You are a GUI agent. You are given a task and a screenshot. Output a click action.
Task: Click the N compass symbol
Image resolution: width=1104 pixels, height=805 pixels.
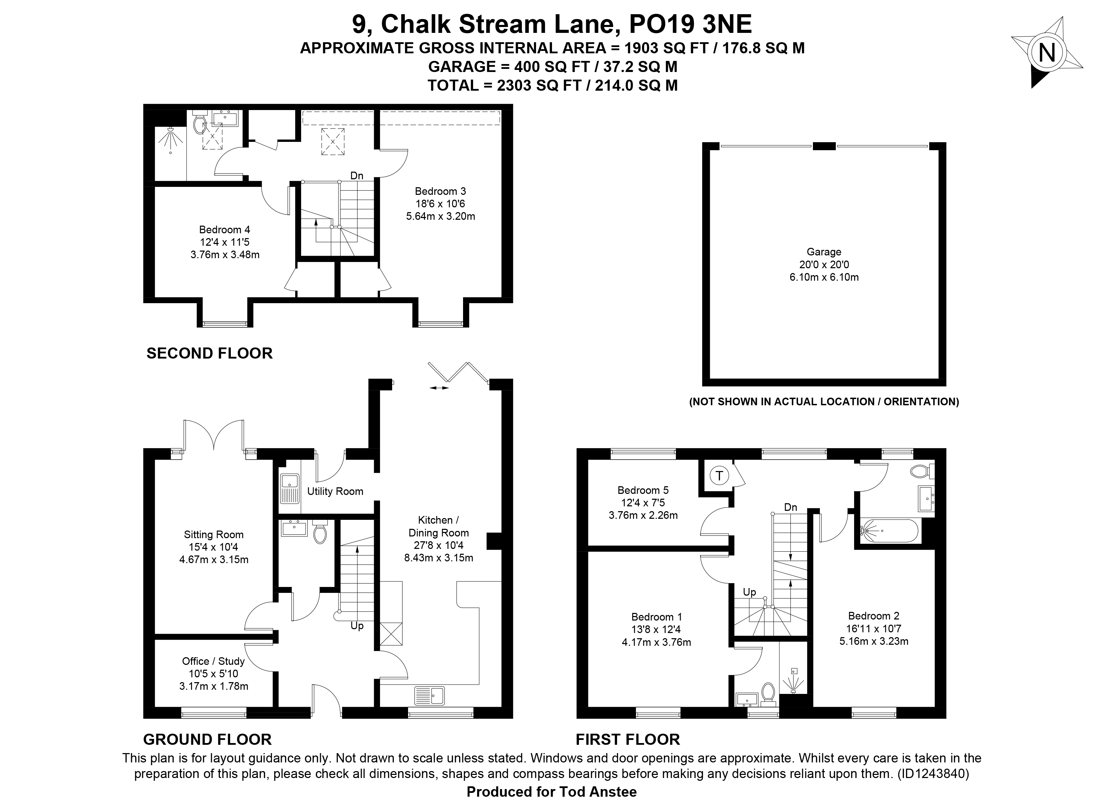(1047, 53)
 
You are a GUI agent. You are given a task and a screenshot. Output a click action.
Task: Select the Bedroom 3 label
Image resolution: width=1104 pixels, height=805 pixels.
(441, 204)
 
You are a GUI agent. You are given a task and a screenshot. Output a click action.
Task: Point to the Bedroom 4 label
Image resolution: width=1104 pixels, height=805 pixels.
(225, 242)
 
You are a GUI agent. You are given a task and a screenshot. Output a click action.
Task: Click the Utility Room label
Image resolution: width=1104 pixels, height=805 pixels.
(335, 491)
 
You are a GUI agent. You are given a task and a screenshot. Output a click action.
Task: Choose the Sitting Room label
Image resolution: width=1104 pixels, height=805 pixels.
(214, 547)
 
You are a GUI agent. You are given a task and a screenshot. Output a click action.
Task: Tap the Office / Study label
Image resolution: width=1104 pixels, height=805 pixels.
(214, 674)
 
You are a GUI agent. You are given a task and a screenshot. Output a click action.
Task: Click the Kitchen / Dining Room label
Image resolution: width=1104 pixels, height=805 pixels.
(438, 539)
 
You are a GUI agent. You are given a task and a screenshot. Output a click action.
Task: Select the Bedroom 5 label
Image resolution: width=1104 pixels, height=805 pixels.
(643, 503)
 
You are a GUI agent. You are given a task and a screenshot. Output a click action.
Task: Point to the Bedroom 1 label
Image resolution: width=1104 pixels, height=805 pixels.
(656, 630)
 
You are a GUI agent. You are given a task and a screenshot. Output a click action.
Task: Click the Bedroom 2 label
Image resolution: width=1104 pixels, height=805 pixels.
(874, 628)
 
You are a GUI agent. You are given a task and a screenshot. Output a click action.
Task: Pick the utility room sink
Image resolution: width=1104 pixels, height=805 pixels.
(289, 489)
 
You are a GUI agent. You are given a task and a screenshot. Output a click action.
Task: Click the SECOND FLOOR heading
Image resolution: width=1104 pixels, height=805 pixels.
(209, 353)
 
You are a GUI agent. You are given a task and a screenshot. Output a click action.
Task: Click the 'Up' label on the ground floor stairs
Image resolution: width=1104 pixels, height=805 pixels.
(357, 626)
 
